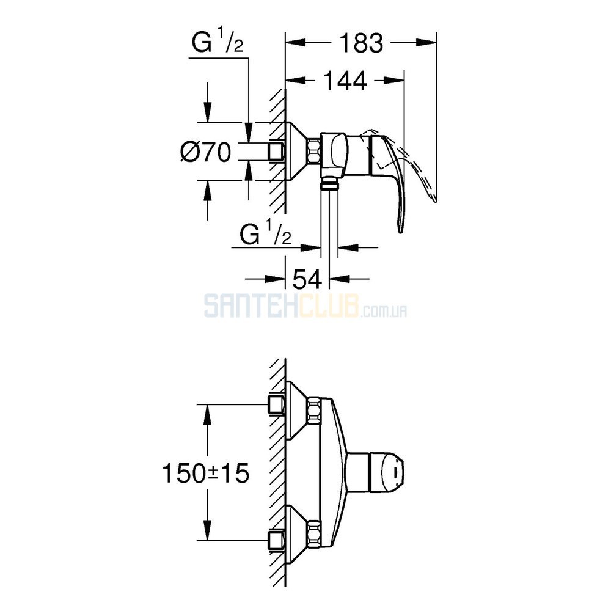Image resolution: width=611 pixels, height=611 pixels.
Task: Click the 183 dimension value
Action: (x=362, y=43)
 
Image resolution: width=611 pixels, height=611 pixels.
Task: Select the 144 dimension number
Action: (x=346, y=81)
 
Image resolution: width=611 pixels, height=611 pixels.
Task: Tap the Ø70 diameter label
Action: (x=206, y=152)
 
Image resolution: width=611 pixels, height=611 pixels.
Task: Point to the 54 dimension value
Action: (x=307, y=279)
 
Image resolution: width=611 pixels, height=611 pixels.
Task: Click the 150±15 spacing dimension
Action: (x=206, y=473)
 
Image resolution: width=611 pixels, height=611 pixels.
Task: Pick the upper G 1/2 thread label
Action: (x=218, y=42)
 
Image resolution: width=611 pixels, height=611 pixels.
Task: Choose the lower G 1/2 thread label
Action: (x=266, y=232)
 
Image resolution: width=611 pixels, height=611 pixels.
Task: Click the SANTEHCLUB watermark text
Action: (x=306, y=306)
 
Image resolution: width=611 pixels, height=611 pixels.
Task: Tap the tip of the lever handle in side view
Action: (x=401, y=231)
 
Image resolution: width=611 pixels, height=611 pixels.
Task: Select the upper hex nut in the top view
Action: (x=313, y=411)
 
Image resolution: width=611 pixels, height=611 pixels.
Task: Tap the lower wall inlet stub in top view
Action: (x=277, y=541)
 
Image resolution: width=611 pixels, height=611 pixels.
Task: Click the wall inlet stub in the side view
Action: (x=277, y=151)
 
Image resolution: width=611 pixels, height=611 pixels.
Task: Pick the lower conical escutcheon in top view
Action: (x=297, y=534)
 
